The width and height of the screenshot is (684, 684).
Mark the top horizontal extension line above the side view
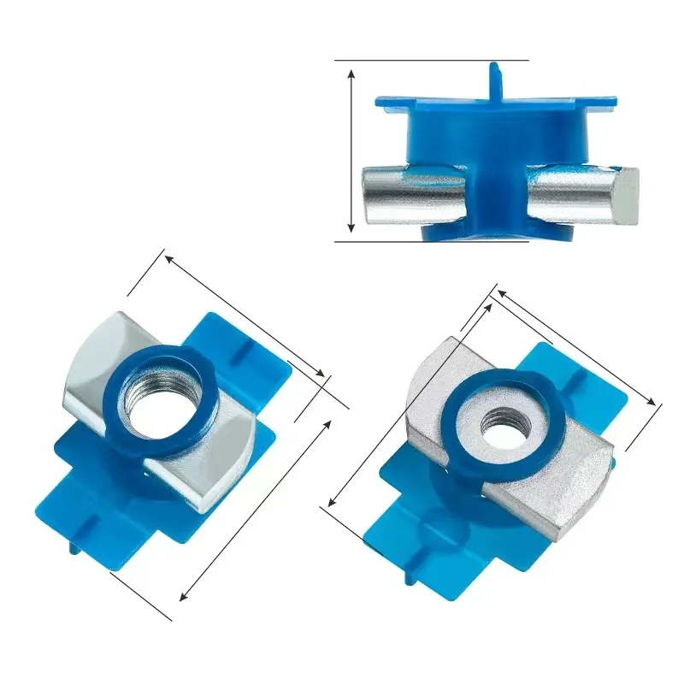(x=432, y=60)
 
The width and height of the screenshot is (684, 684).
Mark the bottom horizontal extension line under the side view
(x=432, y=241)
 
